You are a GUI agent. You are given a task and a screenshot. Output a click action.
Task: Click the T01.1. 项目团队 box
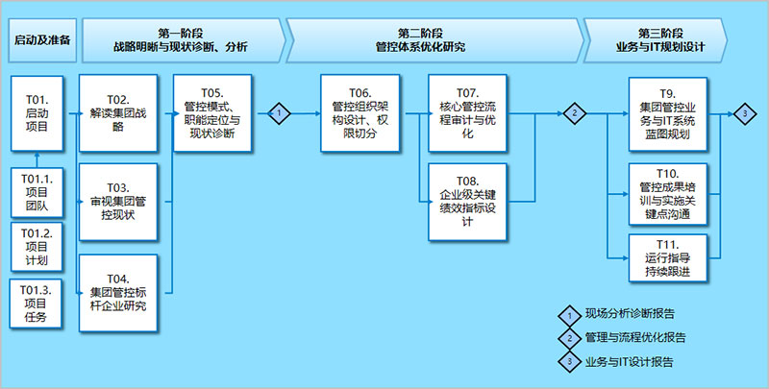coord(36,191)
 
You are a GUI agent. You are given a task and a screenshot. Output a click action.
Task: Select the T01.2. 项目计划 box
coord(36,247)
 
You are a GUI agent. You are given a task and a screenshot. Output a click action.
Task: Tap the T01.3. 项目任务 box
coord(36,303)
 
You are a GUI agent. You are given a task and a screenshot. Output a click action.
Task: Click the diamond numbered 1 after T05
coord(279,112)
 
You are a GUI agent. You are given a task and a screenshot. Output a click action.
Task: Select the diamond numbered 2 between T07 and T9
coord(574,112)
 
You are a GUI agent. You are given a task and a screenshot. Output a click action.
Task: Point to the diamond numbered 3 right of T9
coord(744,113)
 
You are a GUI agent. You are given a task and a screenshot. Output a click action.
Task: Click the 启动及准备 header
coord(41,39)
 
